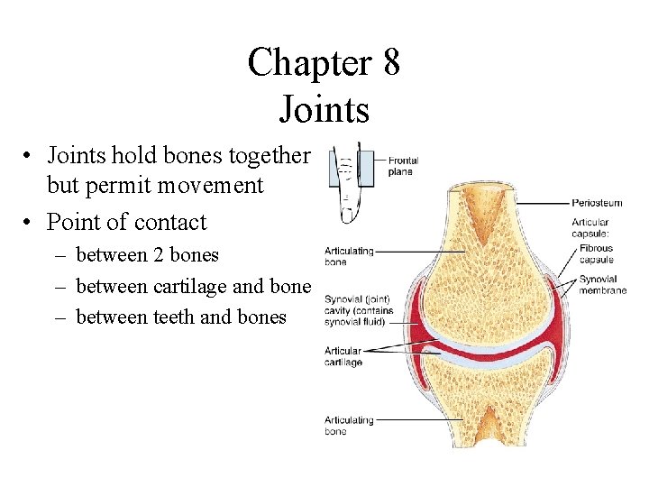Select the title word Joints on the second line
324,109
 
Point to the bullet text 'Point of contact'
126,222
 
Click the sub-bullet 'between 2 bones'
147,255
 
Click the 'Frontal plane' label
403,166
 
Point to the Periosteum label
597,204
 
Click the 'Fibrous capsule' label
597,254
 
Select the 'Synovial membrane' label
602,285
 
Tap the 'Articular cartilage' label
343,356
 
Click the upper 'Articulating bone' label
348,256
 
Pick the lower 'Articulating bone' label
348,426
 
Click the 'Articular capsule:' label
590,228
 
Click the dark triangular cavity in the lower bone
488,424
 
